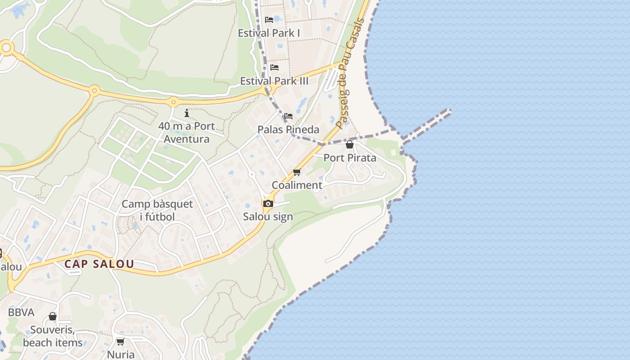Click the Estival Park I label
tap(269, 33)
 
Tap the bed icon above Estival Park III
tap(274, 67)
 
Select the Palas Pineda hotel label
tap(288, 130)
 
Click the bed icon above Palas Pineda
tap(288, 116)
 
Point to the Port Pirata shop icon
tap(350, 144)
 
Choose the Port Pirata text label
tap(350, 158)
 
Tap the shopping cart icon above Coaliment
tap(297, 172)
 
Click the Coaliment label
tap(297, 185)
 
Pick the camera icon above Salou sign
tap(268, 203)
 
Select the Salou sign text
tap(268, 216)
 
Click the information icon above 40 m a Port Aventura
tap(187, 113)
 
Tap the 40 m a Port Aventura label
tap(186, 132)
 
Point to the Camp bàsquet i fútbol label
tap(157, 210)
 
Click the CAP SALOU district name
tap(99, 264)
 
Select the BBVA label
tap(21, 312)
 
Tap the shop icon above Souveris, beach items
tap(53, 316)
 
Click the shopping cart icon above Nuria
tap(120, 342)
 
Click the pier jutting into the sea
tap(427, 124)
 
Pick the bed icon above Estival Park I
tap(269, 20)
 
